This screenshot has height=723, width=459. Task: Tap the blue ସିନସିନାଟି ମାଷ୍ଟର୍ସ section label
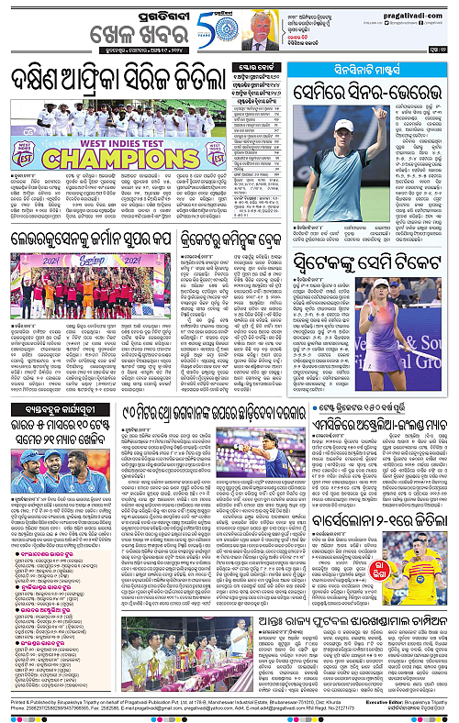[x=371, y=69]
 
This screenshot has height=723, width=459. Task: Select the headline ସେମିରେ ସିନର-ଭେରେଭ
[x=371, y=90]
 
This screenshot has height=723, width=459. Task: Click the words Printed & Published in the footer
[x=28, y=700]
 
